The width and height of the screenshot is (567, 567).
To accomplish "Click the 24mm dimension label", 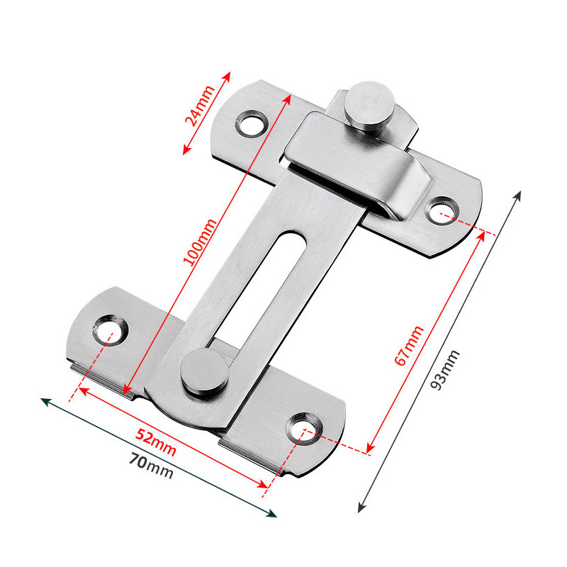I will coord(200,107).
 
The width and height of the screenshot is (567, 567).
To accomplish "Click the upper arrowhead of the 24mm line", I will coord(228,74).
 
